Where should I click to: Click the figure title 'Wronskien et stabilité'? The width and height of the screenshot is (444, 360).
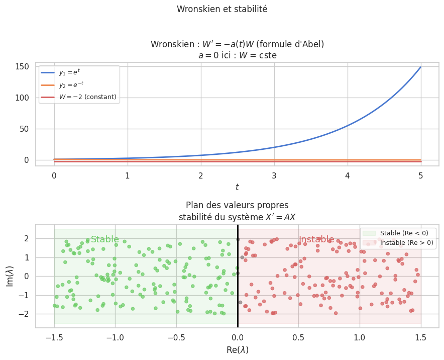tap(222, 9)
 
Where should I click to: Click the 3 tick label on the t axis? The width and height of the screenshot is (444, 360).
tap(274, 176)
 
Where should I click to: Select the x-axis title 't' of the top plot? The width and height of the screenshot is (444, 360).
tap(237, 187)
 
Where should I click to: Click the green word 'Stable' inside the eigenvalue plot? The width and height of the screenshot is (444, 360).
tap(105, 239)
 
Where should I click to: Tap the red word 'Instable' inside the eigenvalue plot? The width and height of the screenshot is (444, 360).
tap(316, 239)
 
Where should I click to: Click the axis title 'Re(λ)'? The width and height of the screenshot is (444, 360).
tap(237, 349)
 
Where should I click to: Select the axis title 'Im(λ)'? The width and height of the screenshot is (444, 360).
tap(11, 276)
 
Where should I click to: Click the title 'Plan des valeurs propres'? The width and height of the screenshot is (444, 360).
tap(237, 205)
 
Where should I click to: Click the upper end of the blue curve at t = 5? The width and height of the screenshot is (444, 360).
tap(420, 67)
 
